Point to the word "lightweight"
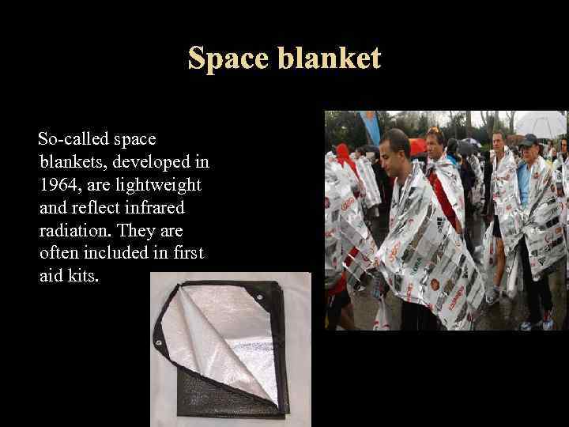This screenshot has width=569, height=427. pyautogui.click(x=165, y=185)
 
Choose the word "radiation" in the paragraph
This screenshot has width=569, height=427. pyautogui.click(x=70, y=231)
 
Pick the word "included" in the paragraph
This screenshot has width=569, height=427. pyautogui.click(x=116, y=253)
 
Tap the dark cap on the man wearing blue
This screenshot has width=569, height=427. pyautogui.click(x=528, y=141)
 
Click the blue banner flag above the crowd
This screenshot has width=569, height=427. pyautogui.click(x=370, y=127)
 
